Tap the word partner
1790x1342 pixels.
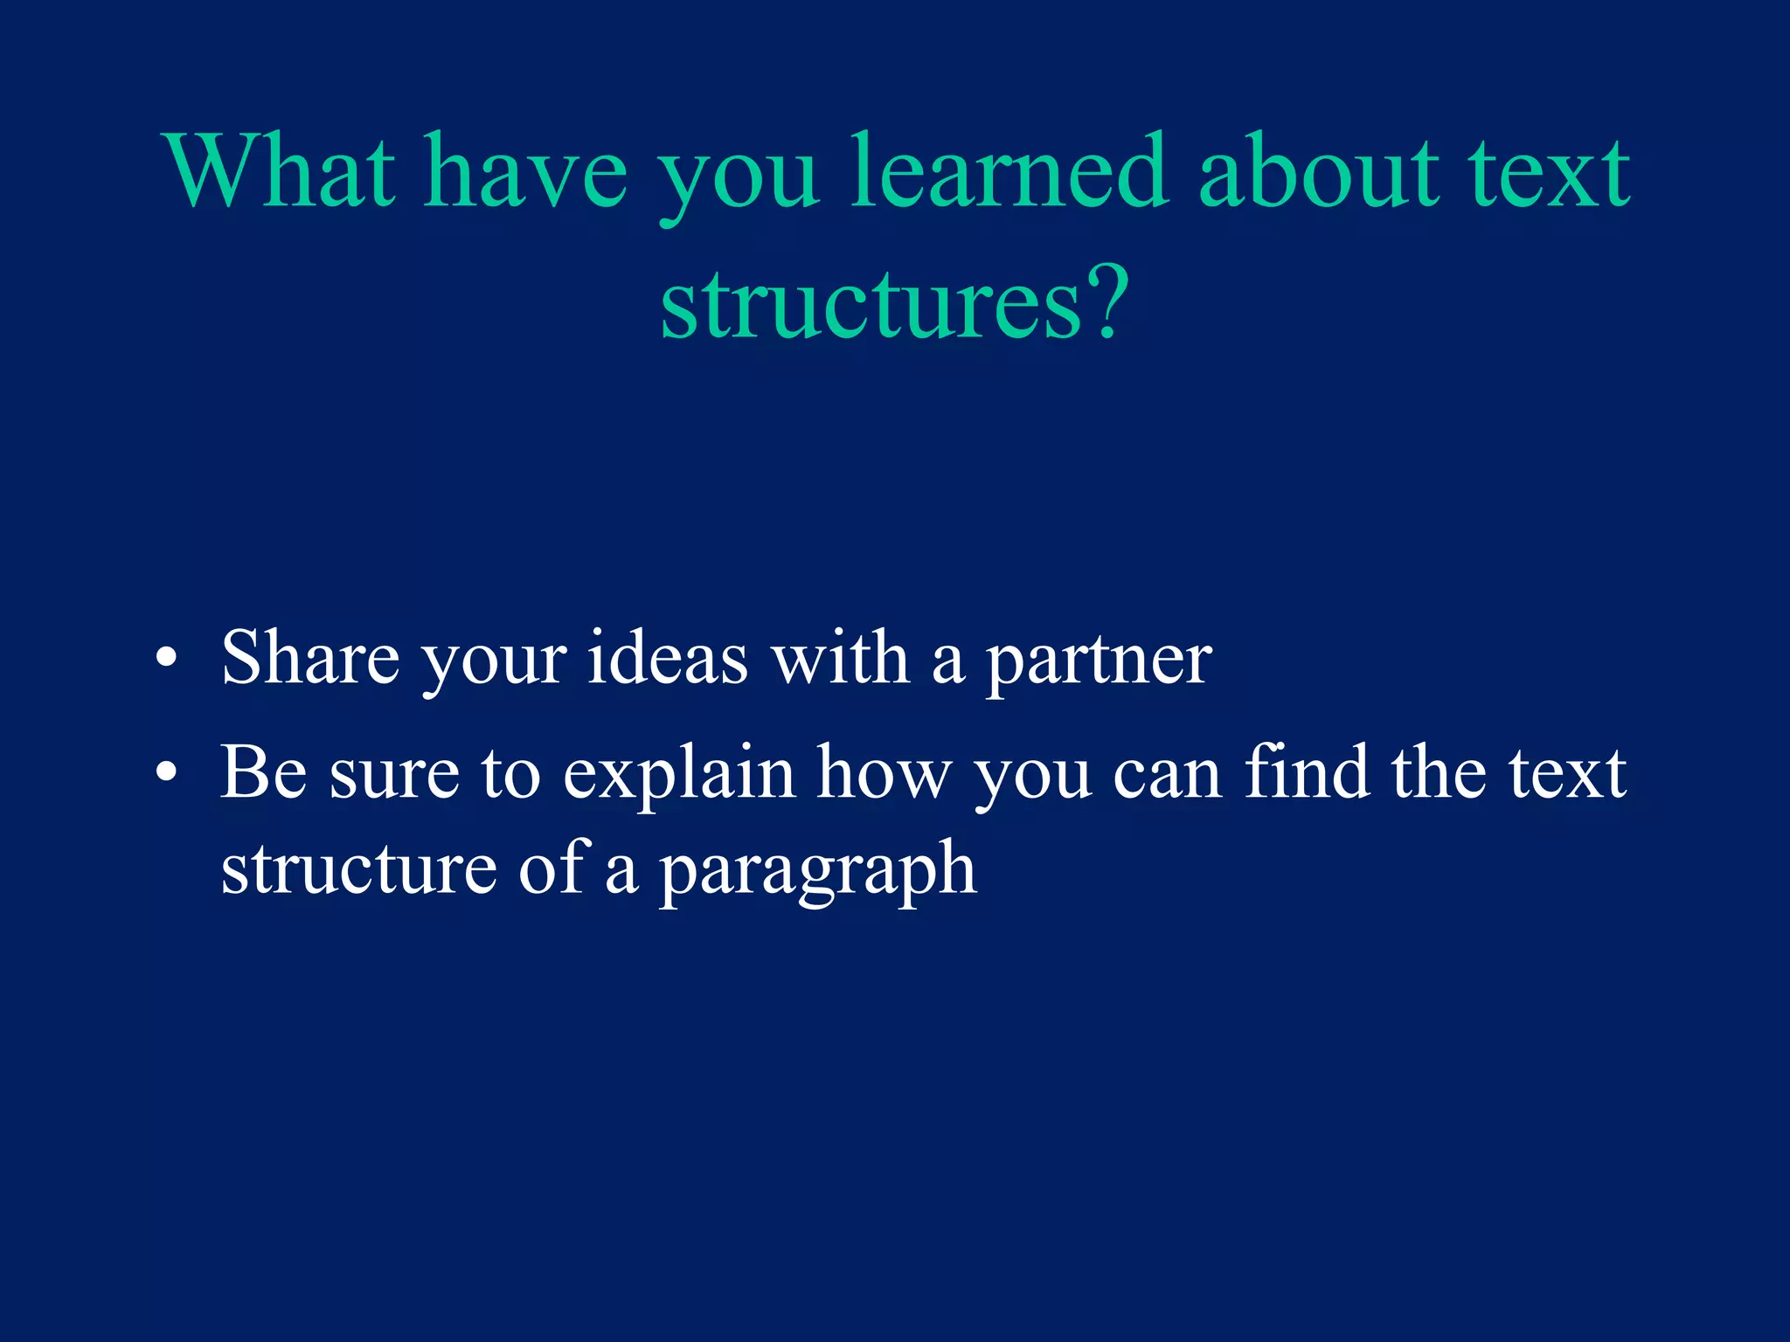coord(1099,661)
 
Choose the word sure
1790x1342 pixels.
coord(394,773)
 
